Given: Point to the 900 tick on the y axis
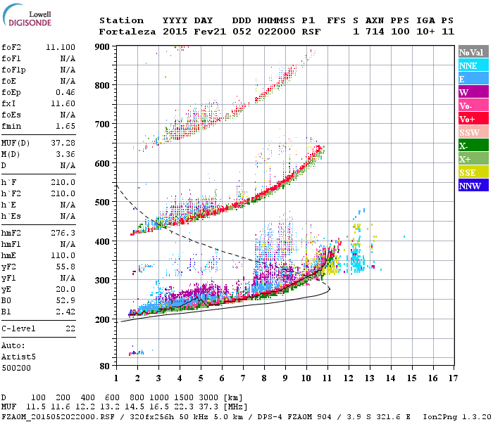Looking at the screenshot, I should coord(104,47).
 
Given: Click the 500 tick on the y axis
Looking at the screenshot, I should coord(104,202).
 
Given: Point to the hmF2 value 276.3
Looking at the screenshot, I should coord(64,232).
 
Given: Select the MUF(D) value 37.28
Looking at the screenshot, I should coord(64,143).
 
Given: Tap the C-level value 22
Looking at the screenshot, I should coord(70,328).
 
